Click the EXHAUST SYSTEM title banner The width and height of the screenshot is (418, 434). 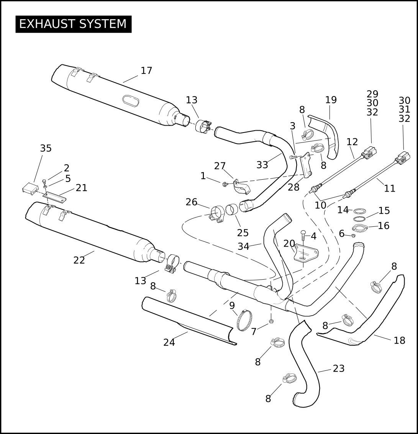[x=73, y=24]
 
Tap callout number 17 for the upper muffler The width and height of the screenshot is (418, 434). [x=146, y=71]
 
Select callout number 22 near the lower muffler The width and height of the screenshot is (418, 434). [x=79, y=260]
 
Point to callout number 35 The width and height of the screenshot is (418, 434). [x=46, y=148]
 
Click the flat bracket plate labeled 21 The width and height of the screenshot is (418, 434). [x=54, y=197]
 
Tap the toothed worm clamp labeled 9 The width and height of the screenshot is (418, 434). [x=244, y=320]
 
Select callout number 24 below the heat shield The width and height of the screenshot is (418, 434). [x=169, y=343]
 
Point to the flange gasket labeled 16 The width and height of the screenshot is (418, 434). [x=360, y=228]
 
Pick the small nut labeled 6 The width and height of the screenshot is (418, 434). [x=353, y=236]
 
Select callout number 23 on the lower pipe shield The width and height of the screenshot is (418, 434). [x=339, y=368]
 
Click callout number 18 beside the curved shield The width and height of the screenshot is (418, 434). [x=400, y=341]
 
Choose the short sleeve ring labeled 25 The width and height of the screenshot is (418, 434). [x=232, y=210]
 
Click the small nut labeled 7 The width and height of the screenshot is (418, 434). [x=271, y=321]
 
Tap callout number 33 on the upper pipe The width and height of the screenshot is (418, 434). [x=262, y=165]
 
